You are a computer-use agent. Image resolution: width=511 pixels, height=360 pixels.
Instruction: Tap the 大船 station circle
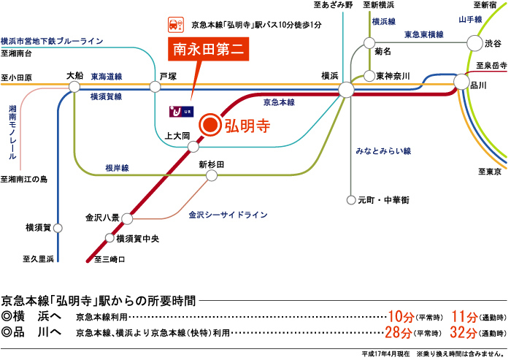74,87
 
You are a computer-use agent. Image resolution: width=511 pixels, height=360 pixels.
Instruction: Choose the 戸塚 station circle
155,87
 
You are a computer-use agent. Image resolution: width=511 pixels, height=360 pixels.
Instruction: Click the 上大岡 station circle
193,147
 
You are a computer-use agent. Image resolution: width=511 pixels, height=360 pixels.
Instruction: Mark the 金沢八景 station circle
127,218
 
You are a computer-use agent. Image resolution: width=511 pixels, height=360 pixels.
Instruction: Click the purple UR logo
179,111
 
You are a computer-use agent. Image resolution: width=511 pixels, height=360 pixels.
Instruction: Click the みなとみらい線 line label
383,150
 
